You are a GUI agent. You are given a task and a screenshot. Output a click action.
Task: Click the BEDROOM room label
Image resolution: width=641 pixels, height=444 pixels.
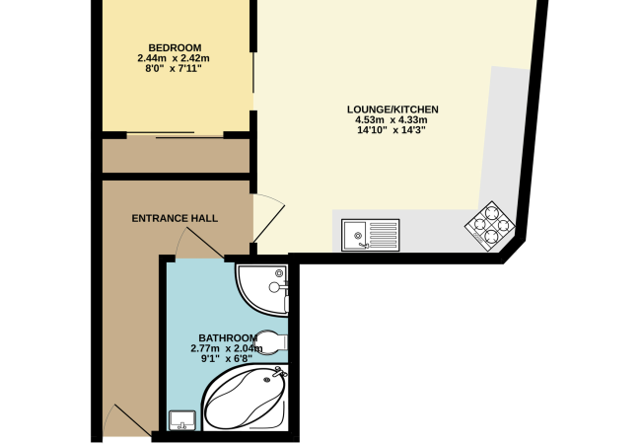(175, 47)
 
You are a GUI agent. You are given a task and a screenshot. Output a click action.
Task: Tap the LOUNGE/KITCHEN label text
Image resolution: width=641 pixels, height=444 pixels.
(392, 110)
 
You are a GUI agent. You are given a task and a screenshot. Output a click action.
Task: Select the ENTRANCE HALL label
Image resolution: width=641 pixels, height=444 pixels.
(175, 218)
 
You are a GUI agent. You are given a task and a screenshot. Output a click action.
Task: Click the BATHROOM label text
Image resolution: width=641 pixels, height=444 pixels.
(228, 338)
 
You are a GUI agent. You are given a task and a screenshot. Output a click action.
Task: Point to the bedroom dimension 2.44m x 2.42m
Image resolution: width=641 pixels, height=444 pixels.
(174, 58)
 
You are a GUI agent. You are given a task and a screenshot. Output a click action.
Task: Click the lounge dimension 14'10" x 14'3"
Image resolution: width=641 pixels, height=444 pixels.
(392, 130)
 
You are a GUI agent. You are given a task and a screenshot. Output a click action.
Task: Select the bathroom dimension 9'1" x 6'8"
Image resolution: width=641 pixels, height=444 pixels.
(226, 359)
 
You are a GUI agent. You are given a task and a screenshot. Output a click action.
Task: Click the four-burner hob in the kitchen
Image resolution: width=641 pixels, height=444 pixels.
(490, 226)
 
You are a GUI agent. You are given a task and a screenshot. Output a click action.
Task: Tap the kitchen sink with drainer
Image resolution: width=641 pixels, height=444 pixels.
(371, 235)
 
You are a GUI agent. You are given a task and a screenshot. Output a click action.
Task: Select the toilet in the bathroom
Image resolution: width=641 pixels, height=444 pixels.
(270, 341)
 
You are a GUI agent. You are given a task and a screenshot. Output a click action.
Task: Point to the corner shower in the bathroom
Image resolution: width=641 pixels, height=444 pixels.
(261, 289)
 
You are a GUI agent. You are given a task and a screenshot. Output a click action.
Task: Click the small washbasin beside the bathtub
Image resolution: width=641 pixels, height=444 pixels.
(182, 420)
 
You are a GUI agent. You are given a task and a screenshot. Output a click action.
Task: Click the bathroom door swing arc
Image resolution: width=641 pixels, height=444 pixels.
(199, 243)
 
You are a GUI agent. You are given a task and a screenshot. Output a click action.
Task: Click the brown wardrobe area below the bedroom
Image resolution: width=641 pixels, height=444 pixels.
(176, 155)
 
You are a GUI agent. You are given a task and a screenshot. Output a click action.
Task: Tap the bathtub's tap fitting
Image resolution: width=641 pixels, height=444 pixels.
(279, 372)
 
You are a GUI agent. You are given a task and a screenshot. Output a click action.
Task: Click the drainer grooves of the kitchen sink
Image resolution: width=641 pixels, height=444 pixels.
(383, 235)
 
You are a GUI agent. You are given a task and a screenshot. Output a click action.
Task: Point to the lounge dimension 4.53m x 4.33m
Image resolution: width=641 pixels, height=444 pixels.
(392, 120)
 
